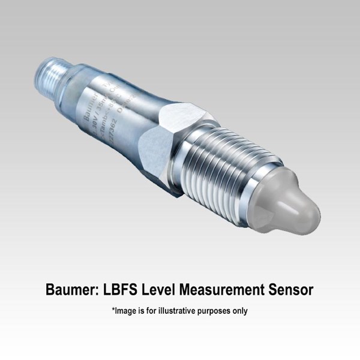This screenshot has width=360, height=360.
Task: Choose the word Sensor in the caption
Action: pyautogui.click(x=292, y=290)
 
